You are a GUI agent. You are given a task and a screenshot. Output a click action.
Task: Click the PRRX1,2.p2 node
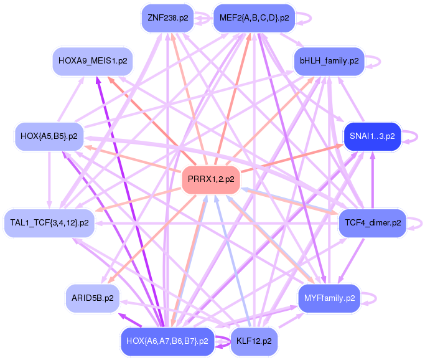[x=211, y=179]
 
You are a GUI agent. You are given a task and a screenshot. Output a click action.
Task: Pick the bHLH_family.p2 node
[x=329, y=61]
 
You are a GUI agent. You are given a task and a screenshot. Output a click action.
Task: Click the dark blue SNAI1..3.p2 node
[x=372, y=136]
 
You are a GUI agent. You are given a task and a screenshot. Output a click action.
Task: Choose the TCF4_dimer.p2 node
[x=371, y=222]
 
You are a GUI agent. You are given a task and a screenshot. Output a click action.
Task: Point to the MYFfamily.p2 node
[x=329, y=298]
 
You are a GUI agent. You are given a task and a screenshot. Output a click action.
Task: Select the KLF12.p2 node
[x=254, y=341]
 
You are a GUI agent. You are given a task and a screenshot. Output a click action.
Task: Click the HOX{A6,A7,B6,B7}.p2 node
[x=167, y=341]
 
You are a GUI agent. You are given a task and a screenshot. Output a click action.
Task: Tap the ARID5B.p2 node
[x=93, y=298]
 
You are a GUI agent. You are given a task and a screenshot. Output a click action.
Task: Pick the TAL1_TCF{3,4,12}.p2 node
[x=49, y=222]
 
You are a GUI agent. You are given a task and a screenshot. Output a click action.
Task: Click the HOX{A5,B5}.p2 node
[x=49, y=136]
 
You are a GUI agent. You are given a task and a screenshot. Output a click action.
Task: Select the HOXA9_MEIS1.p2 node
[x=93, y=61]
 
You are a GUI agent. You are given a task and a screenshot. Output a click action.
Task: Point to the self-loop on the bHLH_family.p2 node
[x=374, y=61]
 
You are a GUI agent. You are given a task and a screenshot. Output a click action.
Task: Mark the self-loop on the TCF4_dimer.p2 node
[x=416, y=222]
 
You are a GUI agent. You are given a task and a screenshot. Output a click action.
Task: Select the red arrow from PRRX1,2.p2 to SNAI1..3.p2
[x=292, y=158]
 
